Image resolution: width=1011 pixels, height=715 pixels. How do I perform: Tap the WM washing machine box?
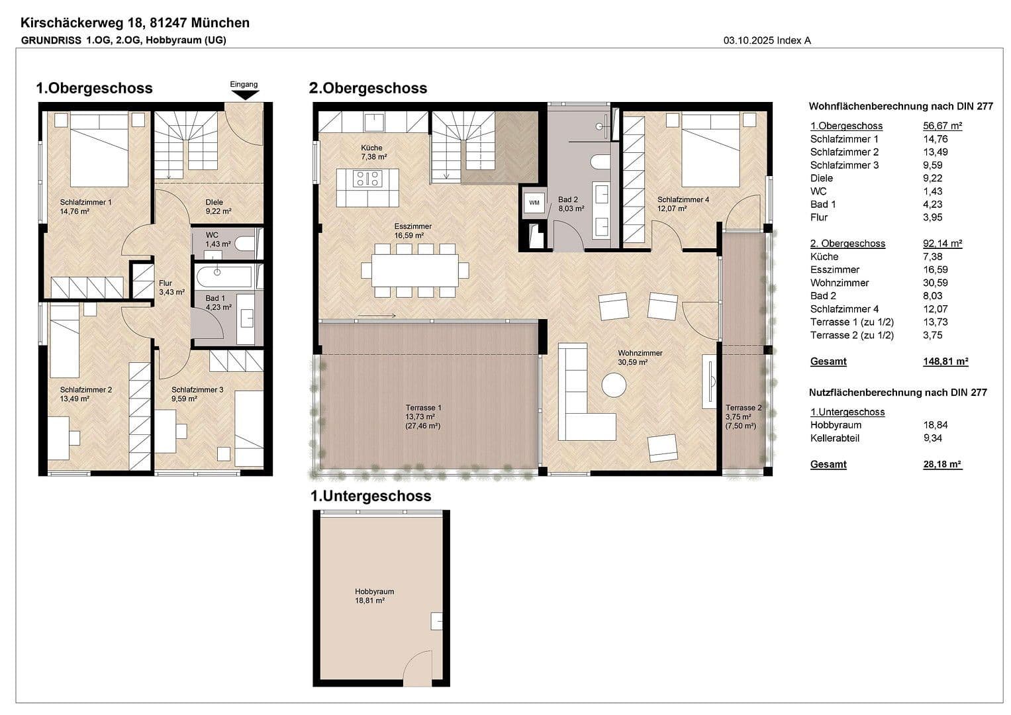pos(534,203)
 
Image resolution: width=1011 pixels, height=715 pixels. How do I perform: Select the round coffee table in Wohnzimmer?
pos(614,385)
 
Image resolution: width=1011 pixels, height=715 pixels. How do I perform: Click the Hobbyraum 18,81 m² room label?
pos(374,596)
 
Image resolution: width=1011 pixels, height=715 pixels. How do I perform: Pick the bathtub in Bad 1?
pos(222,275)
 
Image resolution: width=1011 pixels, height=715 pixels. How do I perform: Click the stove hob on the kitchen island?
pos(368,178)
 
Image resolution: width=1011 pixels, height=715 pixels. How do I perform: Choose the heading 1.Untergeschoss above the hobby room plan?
pos(371,496)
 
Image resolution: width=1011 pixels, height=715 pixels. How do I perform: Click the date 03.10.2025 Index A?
pos(767,40)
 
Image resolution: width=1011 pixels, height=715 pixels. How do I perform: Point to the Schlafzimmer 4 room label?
pos(683,204)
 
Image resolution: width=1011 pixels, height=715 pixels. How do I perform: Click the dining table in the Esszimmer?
pos(414,270)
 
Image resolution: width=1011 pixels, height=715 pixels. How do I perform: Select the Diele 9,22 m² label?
pos(217,207)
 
